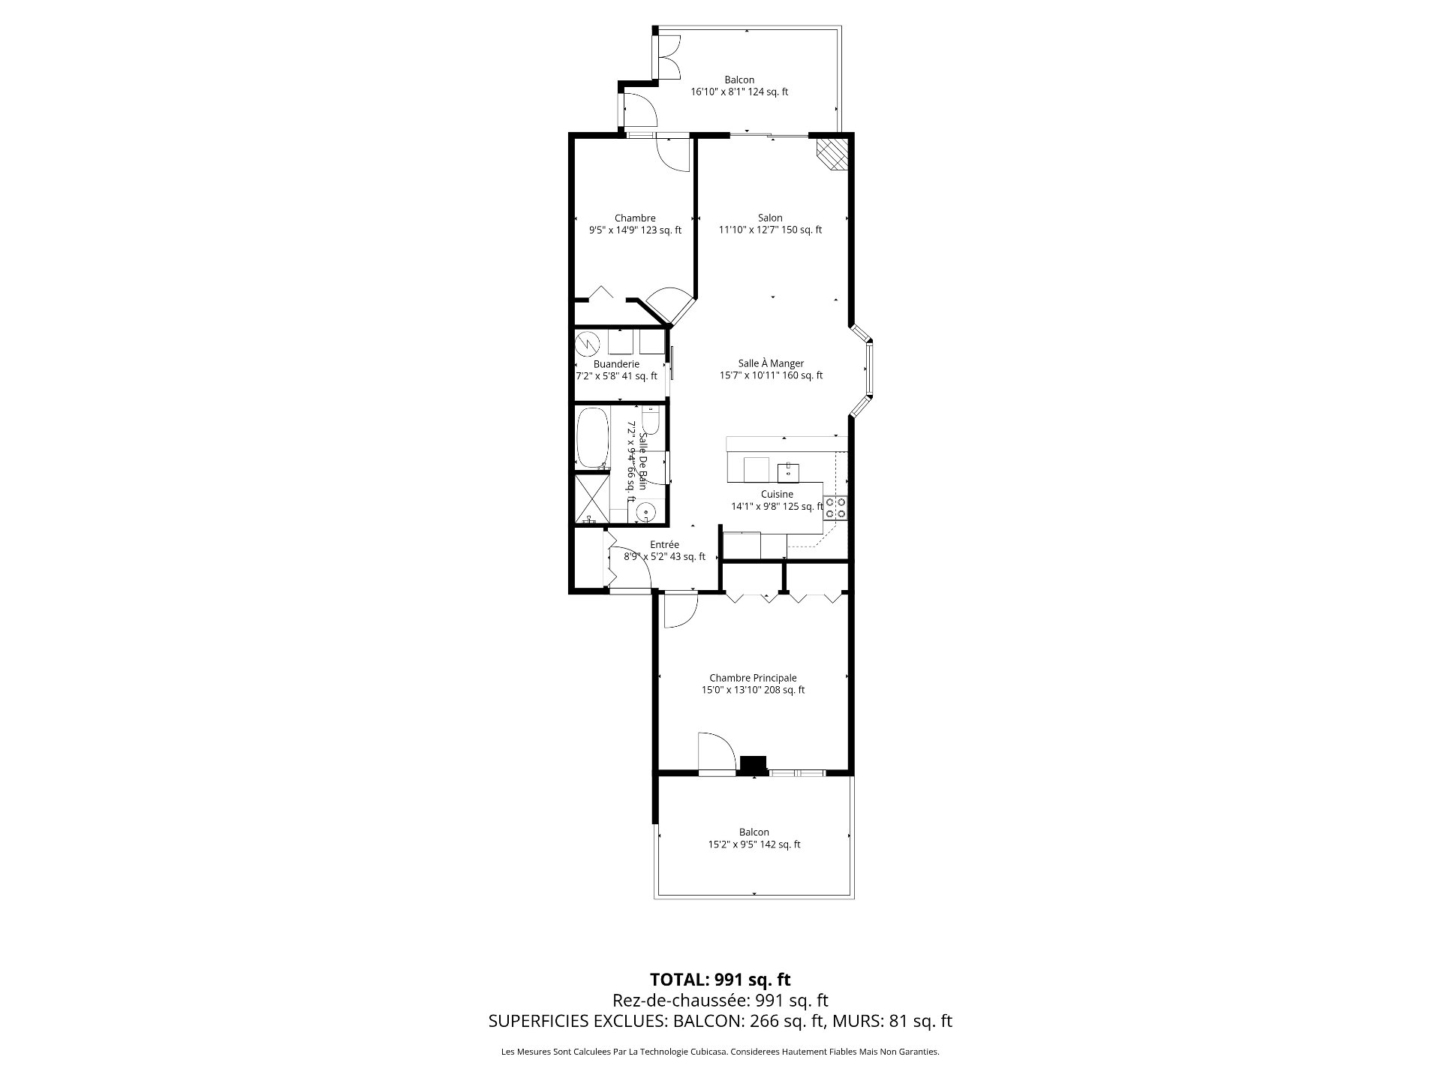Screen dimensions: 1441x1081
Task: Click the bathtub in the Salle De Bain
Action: click(593, 438)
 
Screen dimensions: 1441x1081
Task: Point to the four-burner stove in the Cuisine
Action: click(835, 508)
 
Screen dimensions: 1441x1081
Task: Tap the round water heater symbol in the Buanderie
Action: click(588, 344)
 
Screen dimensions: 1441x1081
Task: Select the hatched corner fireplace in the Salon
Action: click(832, 153)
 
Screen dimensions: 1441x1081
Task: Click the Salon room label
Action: click(770, 218)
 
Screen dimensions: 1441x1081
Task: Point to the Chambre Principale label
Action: click(753, 678)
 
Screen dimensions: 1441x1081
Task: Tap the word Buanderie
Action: click(616, 364)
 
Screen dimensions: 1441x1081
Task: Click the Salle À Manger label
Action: click(771, 363)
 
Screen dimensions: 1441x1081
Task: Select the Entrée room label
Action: click(664, 545)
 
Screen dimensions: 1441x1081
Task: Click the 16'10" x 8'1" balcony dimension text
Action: click(739, 92)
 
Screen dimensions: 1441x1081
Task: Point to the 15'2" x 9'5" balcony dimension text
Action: click(754, 845)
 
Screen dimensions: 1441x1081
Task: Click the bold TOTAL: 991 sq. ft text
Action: click(720, 980)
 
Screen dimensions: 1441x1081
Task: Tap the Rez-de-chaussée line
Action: click(720, 1000)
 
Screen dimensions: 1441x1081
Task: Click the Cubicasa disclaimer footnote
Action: click(720, 1052)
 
